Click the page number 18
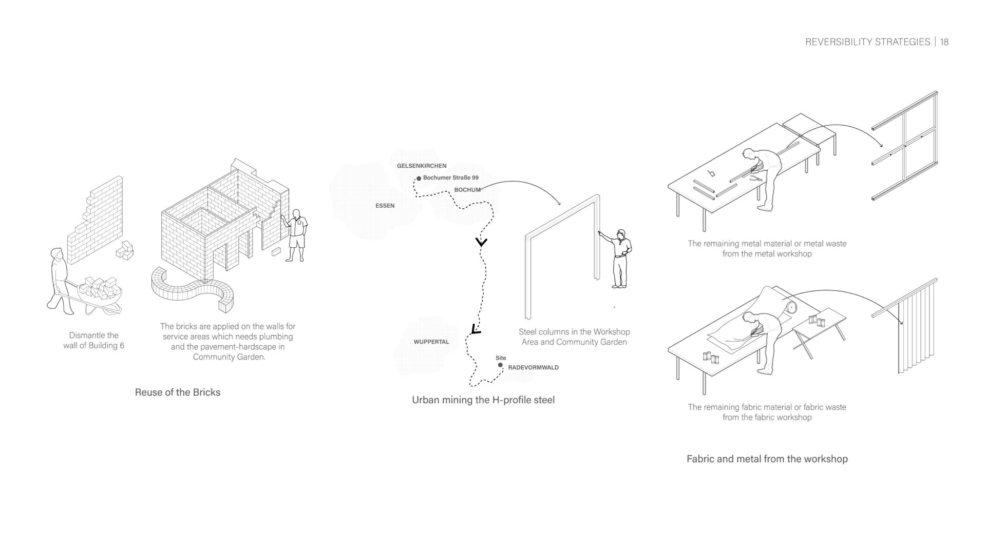coord(944,42)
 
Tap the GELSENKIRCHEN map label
coord(422,166)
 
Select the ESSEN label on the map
coord(385,206)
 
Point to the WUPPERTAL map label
coord(431,342)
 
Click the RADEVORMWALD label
coord(534,367)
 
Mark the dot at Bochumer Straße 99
coord(419,178)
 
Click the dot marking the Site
coord(500,365)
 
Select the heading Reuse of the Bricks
coord(178,392)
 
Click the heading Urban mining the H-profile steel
coord(483,400)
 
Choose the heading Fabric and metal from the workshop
coord(767,459)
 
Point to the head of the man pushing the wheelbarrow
coord(56,254)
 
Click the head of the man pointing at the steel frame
coord(621,234)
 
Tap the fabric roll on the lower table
coord(790,307)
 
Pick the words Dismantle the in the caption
coord(94,335)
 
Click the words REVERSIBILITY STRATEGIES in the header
coord(867,42)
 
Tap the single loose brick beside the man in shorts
coord(276,251)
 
